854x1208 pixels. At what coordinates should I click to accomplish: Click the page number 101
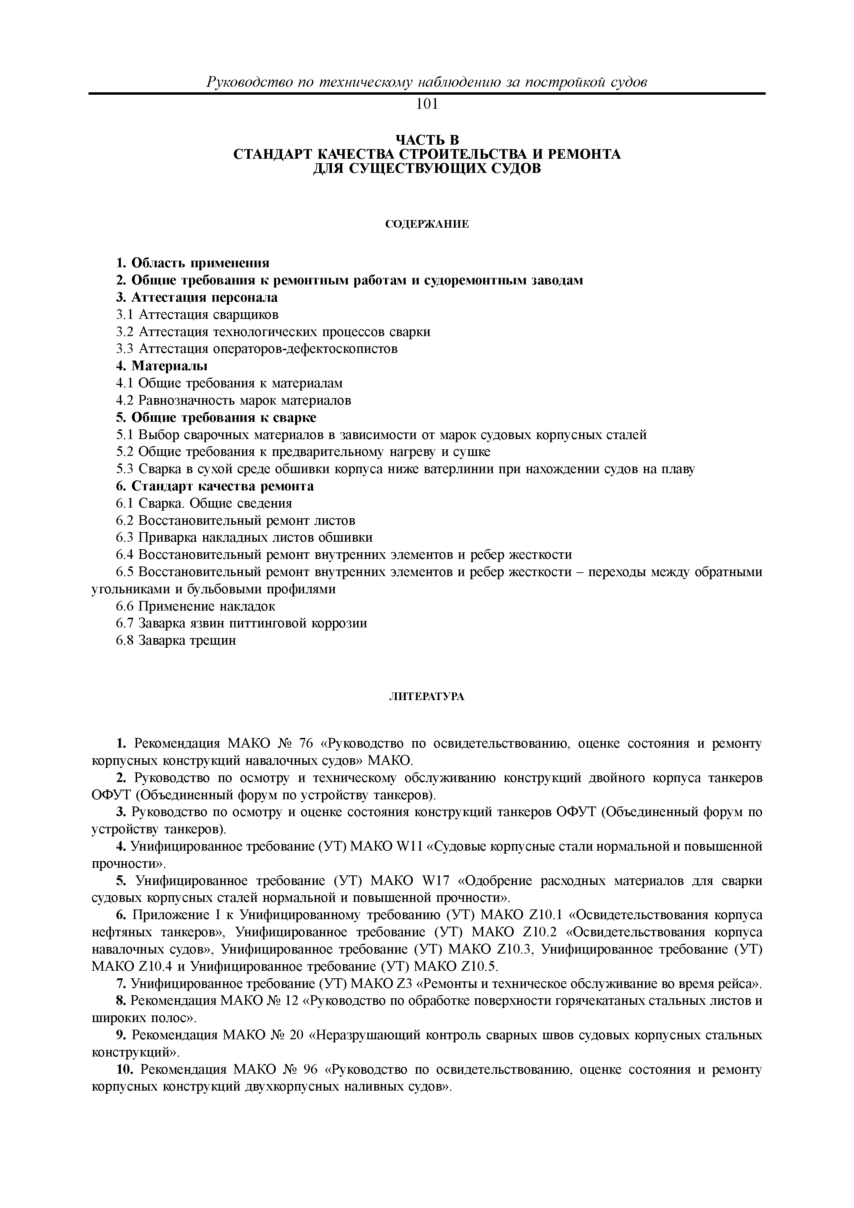pyautogui.click(x=427, y=105)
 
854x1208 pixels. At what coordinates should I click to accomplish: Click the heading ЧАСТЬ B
pyautogui.click(x=427, y=139)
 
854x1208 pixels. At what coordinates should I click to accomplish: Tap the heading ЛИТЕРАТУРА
pyautogui.click(x=427, y=697)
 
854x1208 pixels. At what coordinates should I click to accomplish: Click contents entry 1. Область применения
pyautogui.click(x=192, y=262)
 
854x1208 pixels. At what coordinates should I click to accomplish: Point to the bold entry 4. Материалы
pyautogui.click(x=162, y=365)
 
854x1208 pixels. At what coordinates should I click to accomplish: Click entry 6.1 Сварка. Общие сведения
pyautogui.click(x=204, y=503)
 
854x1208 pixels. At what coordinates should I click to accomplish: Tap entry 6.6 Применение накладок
pyautogui.click(x=196, y=606)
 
